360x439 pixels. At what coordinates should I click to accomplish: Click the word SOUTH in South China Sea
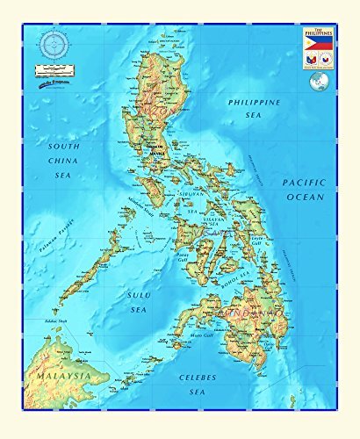(x=64, y=147)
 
